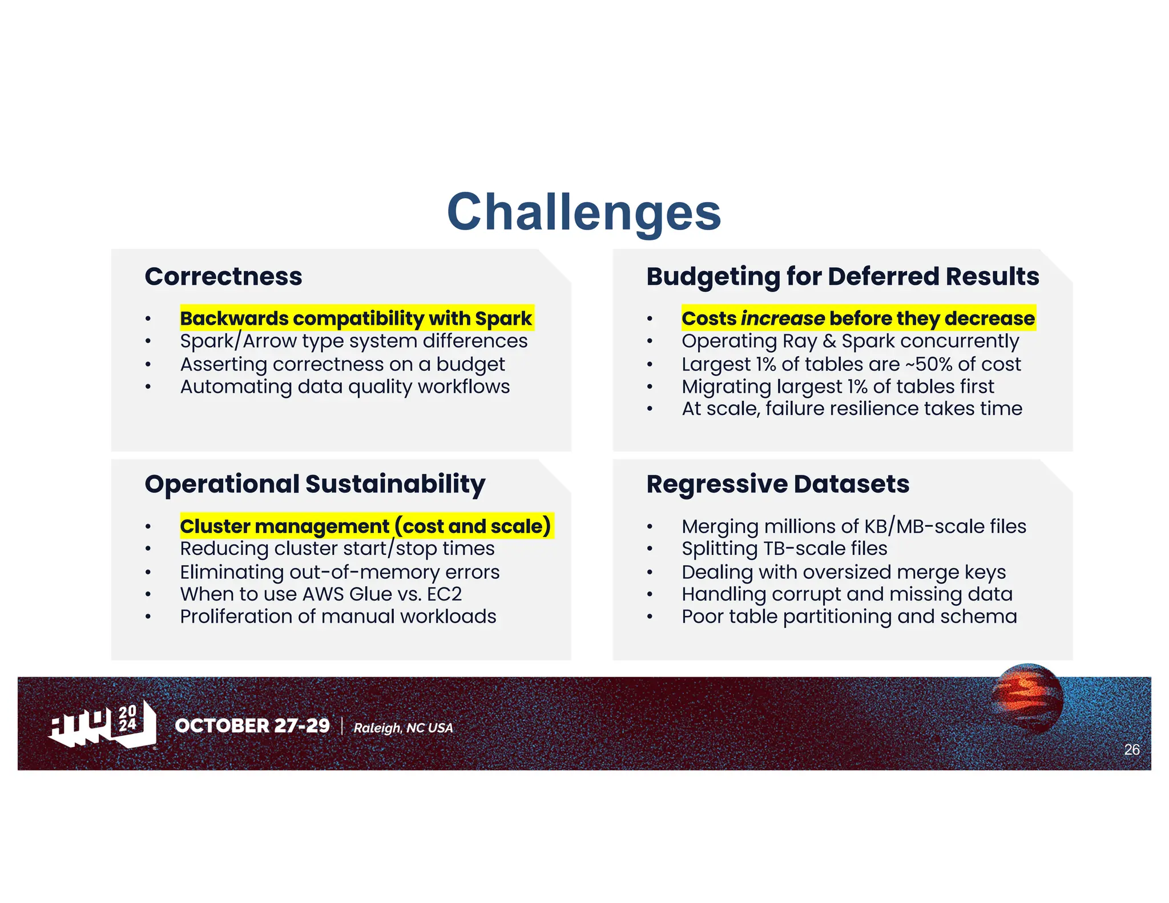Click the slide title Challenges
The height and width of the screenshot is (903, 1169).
tap(584, 212)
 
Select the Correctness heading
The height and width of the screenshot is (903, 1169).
tap(223, 277)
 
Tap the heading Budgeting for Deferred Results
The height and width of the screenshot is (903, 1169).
tap(843, 277)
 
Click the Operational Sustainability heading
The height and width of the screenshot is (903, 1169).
tap(315, 484)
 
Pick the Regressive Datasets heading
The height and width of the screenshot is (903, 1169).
tap(777, 484)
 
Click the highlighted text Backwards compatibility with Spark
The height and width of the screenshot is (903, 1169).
tap(356, 318)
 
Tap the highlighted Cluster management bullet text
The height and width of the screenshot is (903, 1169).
tap(365, 526)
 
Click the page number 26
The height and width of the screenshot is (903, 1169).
tap(1131, 749)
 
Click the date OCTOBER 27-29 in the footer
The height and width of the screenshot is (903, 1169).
tap(252, 725)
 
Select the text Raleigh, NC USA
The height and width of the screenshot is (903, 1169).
tap(403, 728)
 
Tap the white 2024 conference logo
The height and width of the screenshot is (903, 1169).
tap(103, 724)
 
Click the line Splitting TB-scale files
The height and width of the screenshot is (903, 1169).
tap(784, 549)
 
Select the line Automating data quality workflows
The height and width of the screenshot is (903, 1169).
tap(345, 387)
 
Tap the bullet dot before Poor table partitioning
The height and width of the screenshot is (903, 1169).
tap(650, 617)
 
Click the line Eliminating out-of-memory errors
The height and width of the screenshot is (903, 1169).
tap(340, 572)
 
